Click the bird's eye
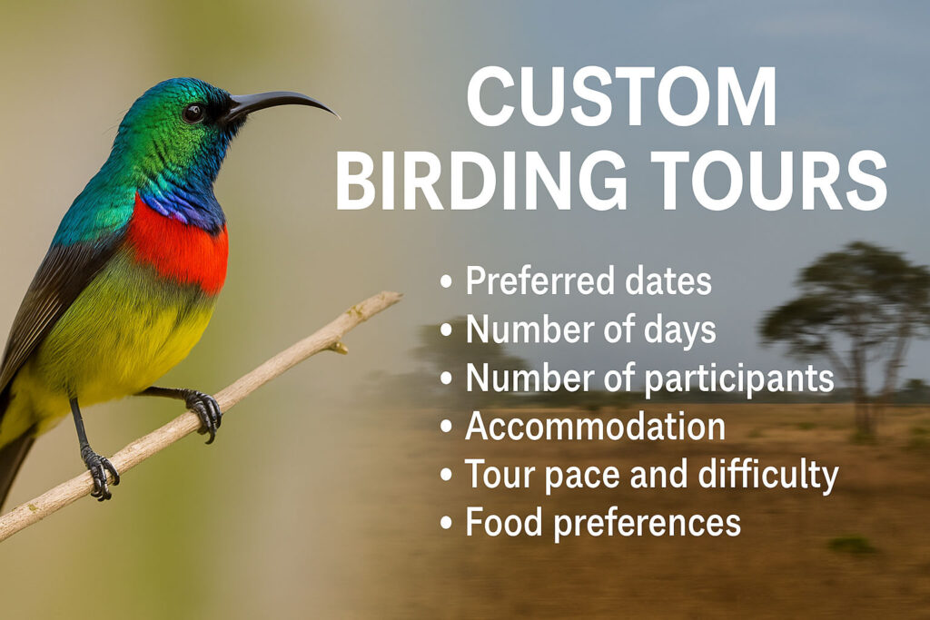pos(193,113)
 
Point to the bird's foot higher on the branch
pos(204,414)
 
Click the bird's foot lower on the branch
pos(100,472)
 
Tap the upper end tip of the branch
pos(400,295)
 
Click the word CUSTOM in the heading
pos(621,96)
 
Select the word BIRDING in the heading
pos(481,181)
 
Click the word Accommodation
pos(595,426)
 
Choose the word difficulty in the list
pos(768,476)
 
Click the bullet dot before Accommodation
pos(446,427)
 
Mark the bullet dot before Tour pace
pos(446,475)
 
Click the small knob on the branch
pos(340,348)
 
